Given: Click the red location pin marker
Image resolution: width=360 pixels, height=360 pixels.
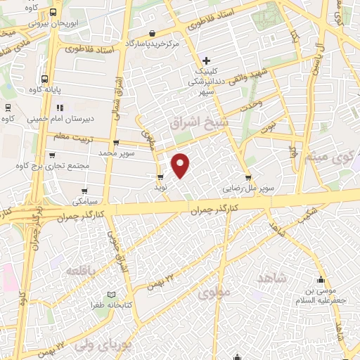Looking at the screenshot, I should [x=181, y=165].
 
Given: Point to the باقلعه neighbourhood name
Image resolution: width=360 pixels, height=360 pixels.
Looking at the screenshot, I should [x=80, y=270].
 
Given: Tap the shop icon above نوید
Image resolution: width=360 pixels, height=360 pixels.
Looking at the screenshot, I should [x=160, y=177].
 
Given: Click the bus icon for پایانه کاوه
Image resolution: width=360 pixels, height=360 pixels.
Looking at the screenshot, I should [x=45, y=79].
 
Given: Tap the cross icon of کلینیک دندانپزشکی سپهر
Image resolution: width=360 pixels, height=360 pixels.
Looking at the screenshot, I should [x=205, y=60].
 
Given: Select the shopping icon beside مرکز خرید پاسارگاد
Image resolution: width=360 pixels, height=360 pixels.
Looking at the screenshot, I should [x=153, y=32].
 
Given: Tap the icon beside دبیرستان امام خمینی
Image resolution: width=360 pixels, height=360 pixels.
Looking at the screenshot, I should [x=60, y=108].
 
